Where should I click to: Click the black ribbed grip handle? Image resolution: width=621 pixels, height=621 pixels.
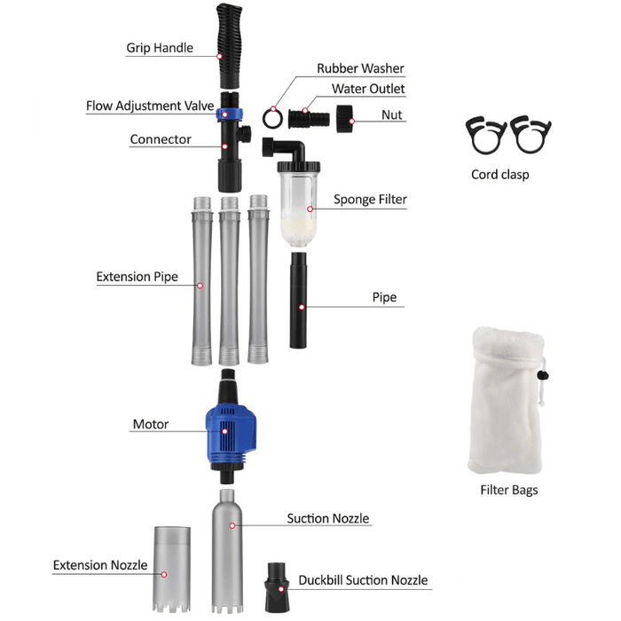[229, 45]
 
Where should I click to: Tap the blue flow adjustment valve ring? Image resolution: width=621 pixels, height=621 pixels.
[229, 114]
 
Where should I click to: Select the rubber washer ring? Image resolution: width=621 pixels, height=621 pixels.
[272, 118]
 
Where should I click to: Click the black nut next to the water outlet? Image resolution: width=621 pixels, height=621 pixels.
[345, 118]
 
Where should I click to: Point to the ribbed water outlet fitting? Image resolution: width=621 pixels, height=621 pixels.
[309, 118]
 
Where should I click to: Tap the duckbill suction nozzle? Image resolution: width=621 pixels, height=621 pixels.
[277, 587]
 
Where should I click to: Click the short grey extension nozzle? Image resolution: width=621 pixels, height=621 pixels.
[172, 570]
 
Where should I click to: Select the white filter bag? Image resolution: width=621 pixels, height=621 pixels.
[506, 400]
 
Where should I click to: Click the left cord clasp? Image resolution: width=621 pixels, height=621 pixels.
[486, 136]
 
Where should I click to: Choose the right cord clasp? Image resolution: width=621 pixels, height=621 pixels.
[531, 135]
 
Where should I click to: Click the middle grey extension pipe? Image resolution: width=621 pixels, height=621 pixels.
[229, 280]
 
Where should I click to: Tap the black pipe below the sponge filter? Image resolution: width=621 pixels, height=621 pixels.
[298, 300]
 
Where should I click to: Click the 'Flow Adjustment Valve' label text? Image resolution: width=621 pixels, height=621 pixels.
[150, 106]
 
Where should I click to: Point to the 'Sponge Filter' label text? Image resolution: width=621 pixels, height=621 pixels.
[370, 200]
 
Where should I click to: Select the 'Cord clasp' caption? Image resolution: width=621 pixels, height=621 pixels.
[500, 174]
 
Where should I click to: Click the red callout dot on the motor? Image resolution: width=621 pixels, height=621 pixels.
[224, 431]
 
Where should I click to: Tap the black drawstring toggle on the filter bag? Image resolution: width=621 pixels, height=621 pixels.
[543, 374]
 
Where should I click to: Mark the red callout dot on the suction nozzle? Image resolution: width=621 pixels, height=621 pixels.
[232, 525]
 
